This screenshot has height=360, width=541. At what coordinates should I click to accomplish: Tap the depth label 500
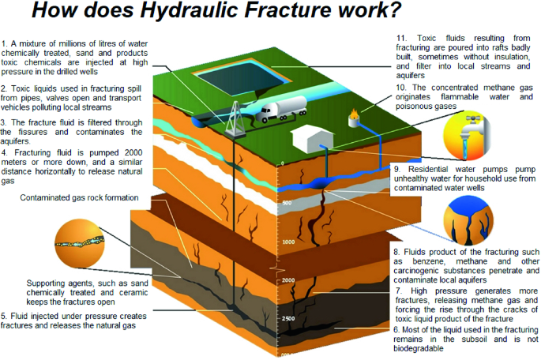click(x=287, y=203)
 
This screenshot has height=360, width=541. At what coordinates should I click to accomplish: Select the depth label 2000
click(x=287, y=281)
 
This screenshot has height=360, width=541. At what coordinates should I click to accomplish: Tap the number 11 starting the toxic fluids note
click(x=400, y=37)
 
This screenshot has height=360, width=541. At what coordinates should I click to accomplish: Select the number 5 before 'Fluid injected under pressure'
click(x=4, y=316)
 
